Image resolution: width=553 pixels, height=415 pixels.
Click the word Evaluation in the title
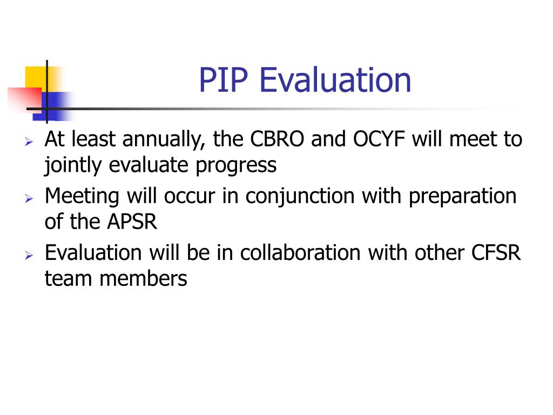335,79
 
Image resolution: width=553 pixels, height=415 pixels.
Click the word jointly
73,165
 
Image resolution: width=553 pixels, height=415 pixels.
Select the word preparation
462,197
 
